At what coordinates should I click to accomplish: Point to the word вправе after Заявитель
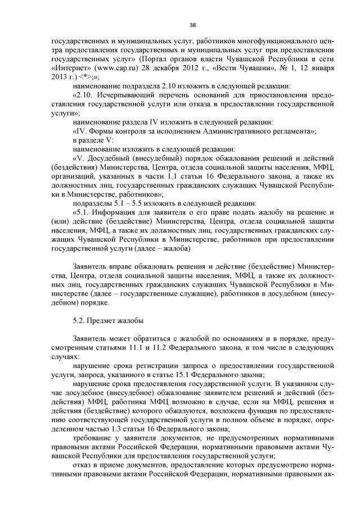(x=120, y=266)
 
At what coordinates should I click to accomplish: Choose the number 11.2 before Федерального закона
(x=132, y=347)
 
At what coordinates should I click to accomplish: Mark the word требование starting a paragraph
(x=93, y=438)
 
